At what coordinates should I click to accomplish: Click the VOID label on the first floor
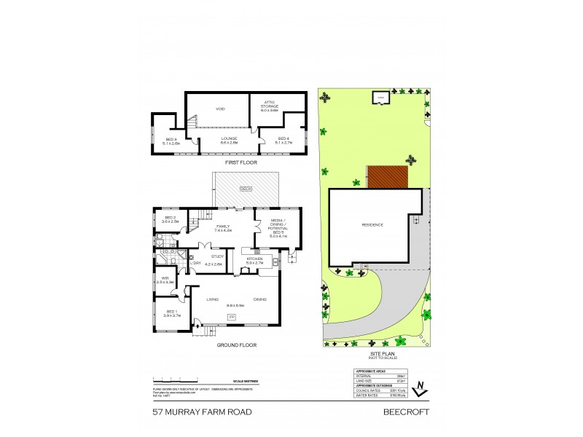click(x=219, y=109)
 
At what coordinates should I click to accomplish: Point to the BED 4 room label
click(x=283, y=141)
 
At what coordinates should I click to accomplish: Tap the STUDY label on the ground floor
click(x=217, y=256)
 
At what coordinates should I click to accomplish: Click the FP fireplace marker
click(x=232, y=318)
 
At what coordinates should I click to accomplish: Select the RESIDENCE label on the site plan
click(x=372, y=225)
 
